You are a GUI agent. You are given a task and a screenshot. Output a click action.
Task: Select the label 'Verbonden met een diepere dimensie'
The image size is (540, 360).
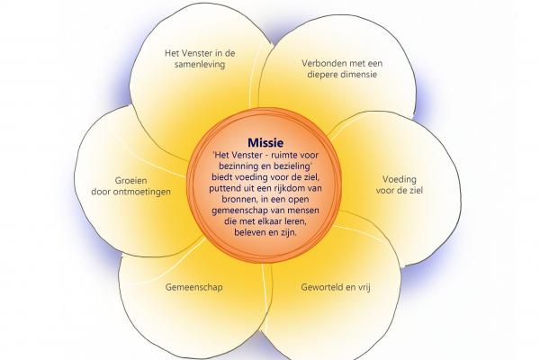(339, 69)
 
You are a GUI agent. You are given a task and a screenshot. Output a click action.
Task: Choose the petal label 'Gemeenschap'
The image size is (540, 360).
(193, 288)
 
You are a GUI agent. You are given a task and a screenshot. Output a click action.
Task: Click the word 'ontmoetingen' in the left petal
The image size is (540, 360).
(148, 191)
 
